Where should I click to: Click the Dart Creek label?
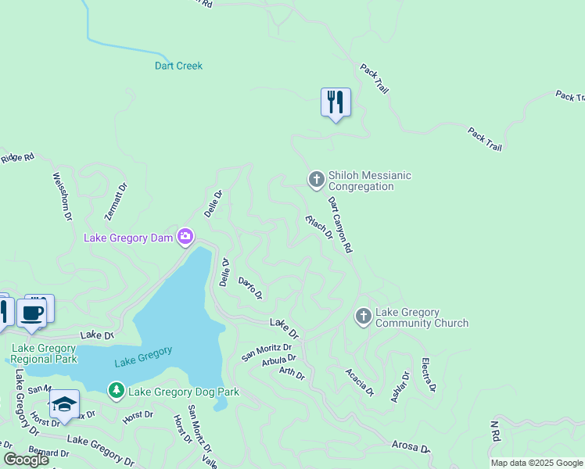[178, 66]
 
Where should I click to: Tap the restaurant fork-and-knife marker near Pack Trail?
[336, 102]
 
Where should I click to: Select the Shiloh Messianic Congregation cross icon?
[317, 181]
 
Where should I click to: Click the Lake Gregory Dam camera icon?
[185, 236]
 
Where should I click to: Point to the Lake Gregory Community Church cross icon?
[363, 317]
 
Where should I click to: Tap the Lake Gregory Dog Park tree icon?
[117, 389]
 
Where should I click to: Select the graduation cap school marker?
[64, 405]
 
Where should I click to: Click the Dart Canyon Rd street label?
[340, 224]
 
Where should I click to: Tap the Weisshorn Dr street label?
[62, 195]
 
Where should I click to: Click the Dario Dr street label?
[249, 288]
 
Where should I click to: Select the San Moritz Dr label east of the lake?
[267, 352]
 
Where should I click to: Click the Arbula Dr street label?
[279, 360]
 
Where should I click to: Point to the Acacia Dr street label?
[358, 384]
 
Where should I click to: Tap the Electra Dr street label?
[428, 374]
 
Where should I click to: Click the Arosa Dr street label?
[411, 446]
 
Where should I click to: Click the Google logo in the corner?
[26, 459]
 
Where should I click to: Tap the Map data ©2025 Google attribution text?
[537, 463]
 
